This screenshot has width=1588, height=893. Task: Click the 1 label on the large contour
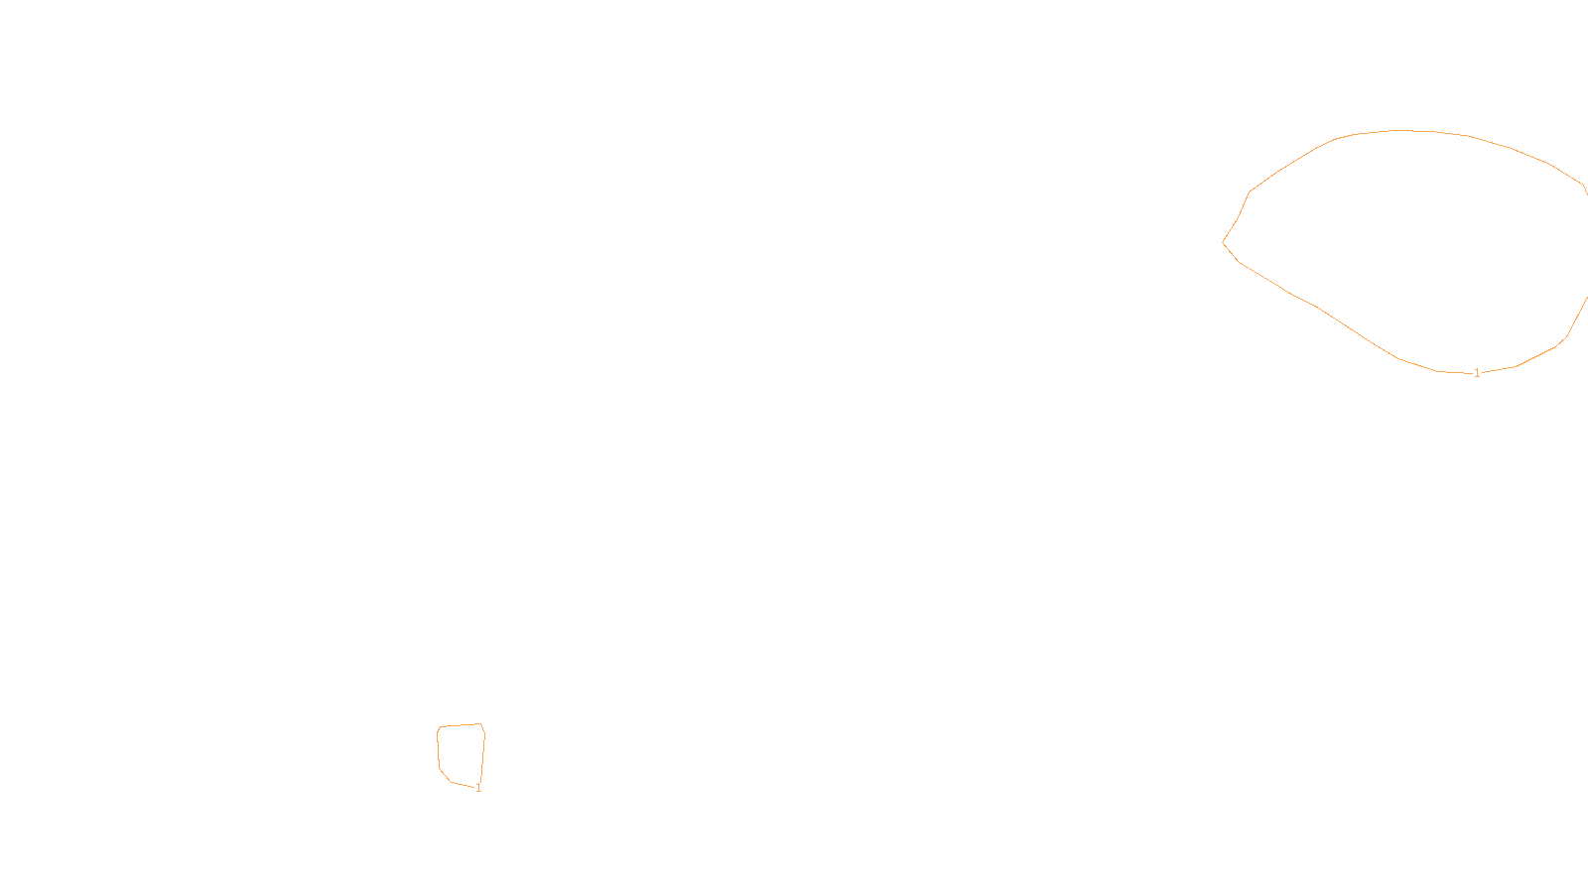point(1477,373)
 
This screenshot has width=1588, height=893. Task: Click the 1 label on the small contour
point(478,788)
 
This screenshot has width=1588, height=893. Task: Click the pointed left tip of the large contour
point(1224,242)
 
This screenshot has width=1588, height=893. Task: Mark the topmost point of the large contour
point(1399,130)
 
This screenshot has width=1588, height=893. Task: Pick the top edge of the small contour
point(460,725)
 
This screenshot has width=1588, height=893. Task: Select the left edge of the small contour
point(438,749)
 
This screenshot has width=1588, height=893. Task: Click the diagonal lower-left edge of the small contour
point(446,775)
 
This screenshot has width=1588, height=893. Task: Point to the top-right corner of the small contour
point(481,724)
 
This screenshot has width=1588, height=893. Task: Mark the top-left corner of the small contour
point(440,727)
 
